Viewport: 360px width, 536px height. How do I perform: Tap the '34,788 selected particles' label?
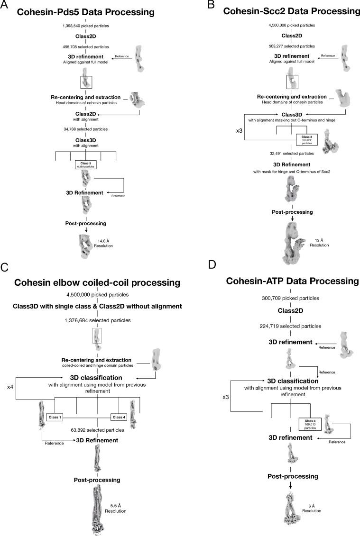click(x=85, y=129)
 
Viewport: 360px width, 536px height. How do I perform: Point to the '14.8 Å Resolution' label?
click(x=105, y=244)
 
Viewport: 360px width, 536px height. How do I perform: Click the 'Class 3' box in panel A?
click(x=85, y=165)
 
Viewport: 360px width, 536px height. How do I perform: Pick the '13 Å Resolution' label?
click(x=316, y=243)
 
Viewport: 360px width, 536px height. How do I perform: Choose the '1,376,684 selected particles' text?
click(x=98, y=321)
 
